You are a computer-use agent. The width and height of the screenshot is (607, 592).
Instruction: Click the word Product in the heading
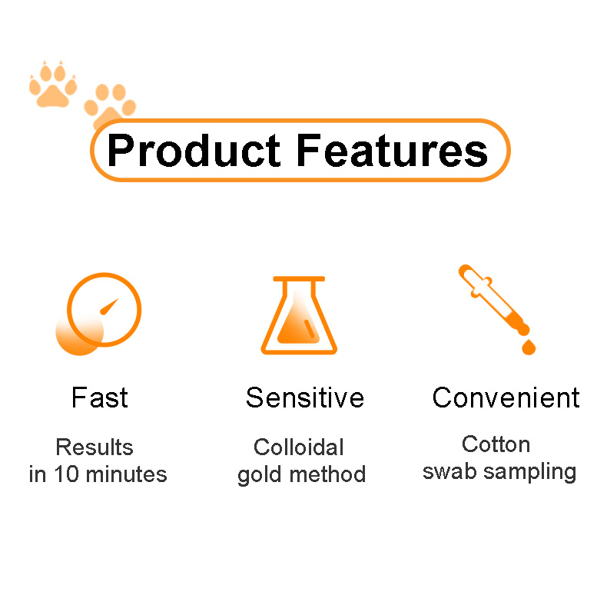click(x=194, y=151)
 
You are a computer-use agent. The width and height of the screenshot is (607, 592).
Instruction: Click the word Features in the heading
click(x=392, y=151)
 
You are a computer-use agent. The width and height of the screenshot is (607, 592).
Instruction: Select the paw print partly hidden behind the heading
click(x=110, y=104)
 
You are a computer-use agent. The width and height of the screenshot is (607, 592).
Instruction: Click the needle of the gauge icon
click(x=109, y=307)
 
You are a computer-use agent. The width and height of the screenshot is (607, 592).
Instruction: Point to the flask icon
click(x=299, y=315)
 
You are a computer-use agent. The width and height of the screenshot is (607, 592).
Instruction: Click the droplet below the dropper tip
click(x=529, y=348)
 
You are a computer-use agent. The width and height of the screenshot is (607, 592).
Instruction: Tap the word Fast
click(x=100, y=397)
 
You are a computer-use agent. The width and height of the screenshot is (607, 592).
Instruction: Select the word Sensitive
click(x=305, y=397)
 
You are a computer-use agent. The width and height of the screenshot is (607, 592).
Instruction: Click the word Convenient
click(x=506, y=397)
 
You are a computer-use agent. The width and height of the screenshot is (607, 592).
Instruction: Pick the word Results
click(x=95, y=447)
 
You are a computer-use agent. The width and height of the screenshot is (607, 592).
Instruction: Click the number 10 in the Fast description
click(x=67, y=474)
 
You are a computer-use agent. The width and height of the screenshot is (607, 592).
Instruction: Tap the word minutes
click(x=126, y=474)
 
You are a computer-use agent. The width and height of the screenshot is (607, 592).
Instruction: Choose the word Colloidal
click(x=298, y=447)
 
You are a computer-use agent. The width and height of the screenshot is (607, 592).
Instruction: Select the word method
click(x=327, y=474)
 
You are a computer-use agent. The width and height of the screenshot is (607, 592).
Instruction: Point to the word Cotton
click(x=496, y=444)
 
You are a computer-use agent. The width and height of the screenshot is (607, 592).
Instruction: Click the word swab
click(x=449, y=471)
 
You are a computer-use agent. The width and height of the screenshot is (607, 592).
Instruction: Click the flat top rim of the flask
click(x=299, y=278)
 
